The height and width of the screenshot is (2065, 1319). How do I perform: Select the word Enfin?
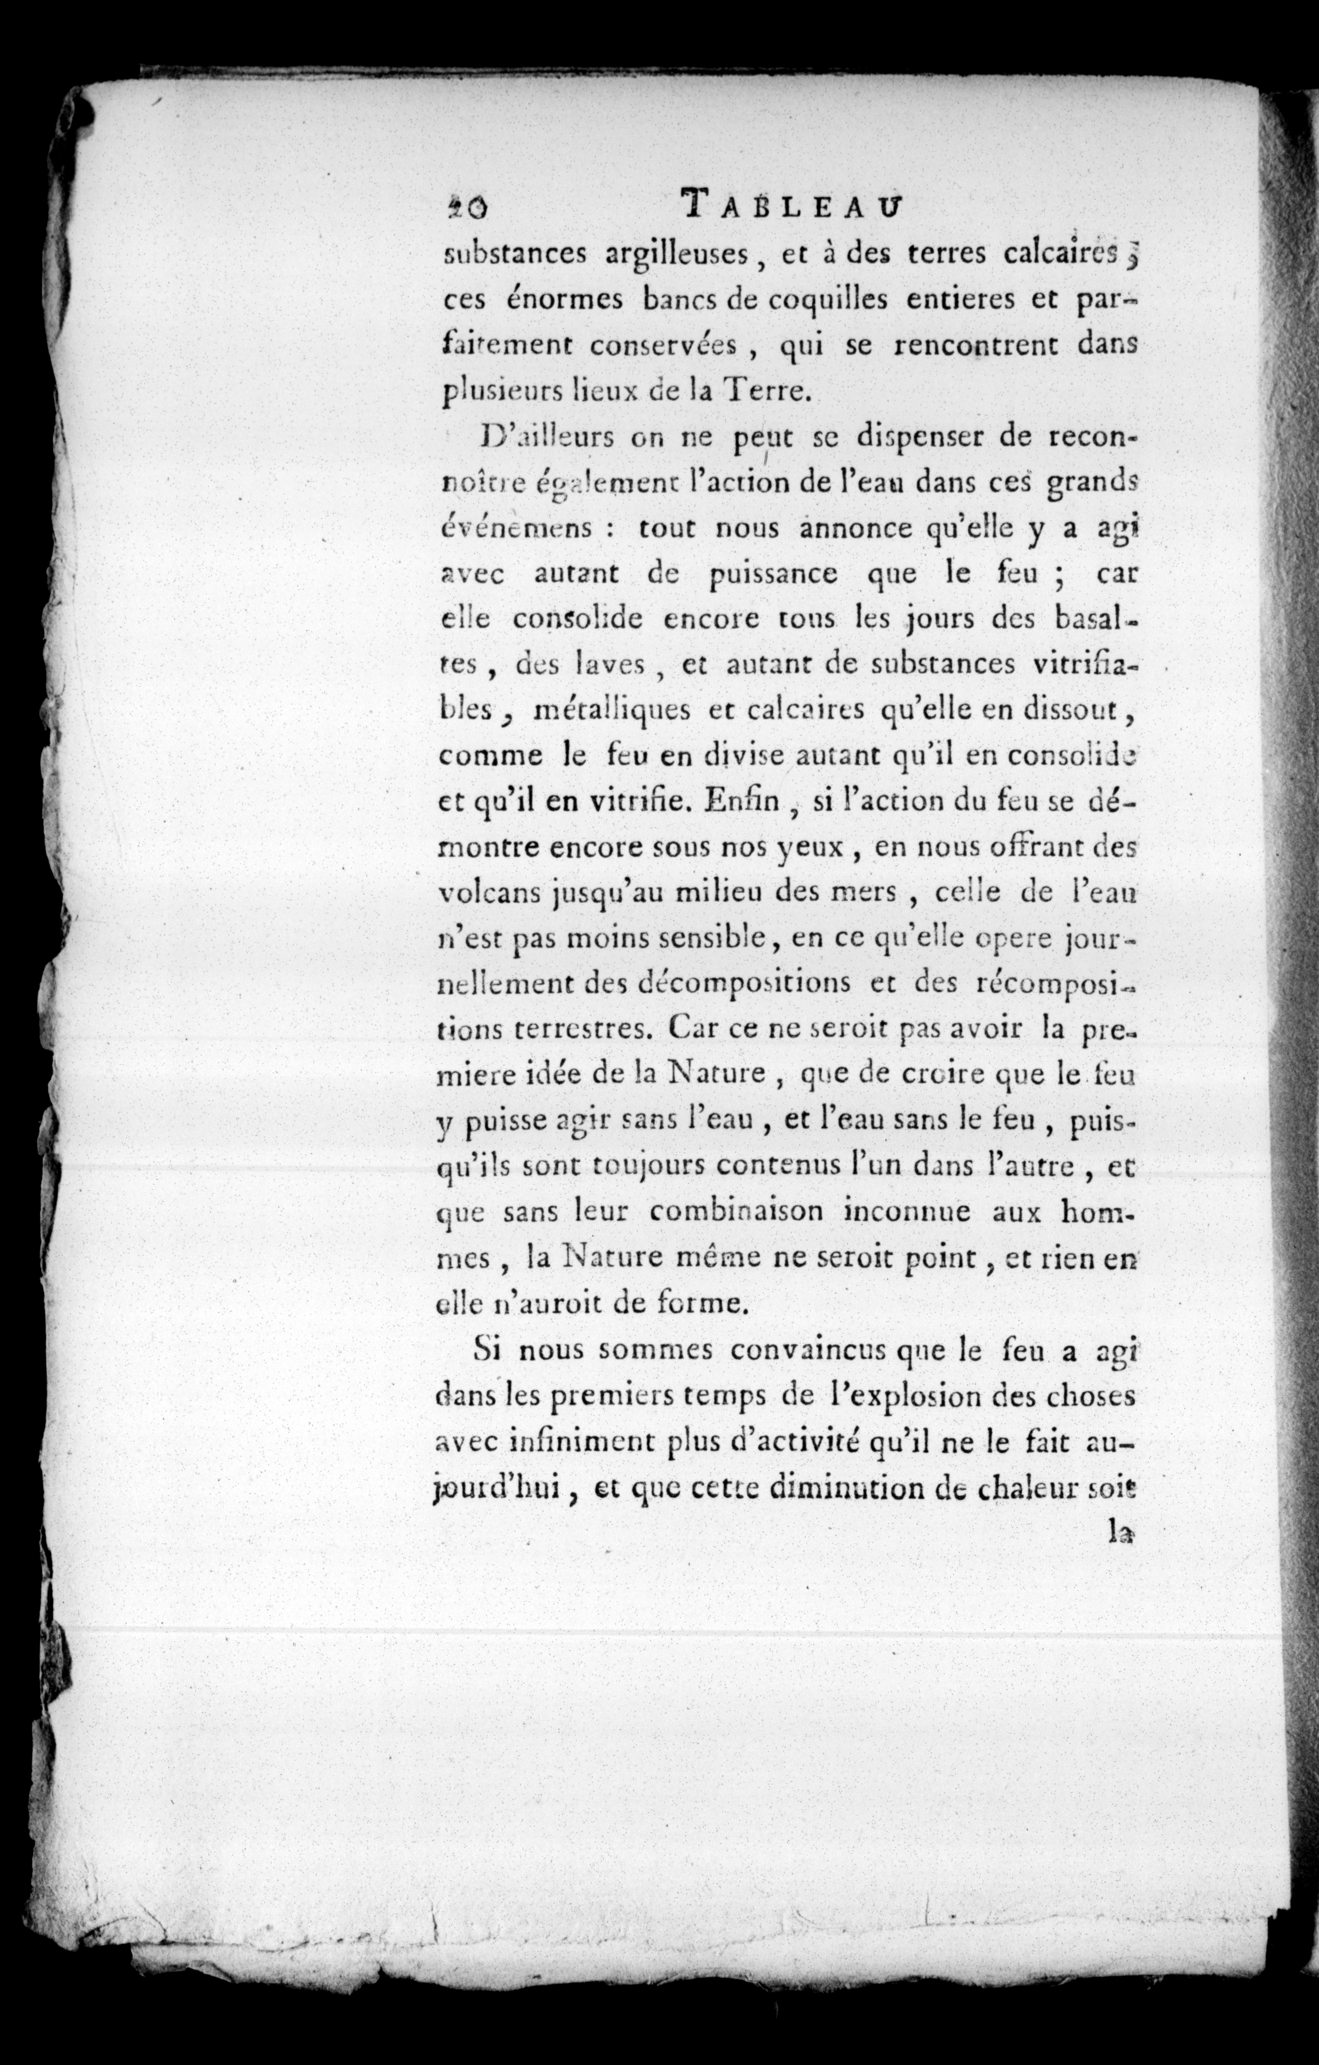click(743, 802)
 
